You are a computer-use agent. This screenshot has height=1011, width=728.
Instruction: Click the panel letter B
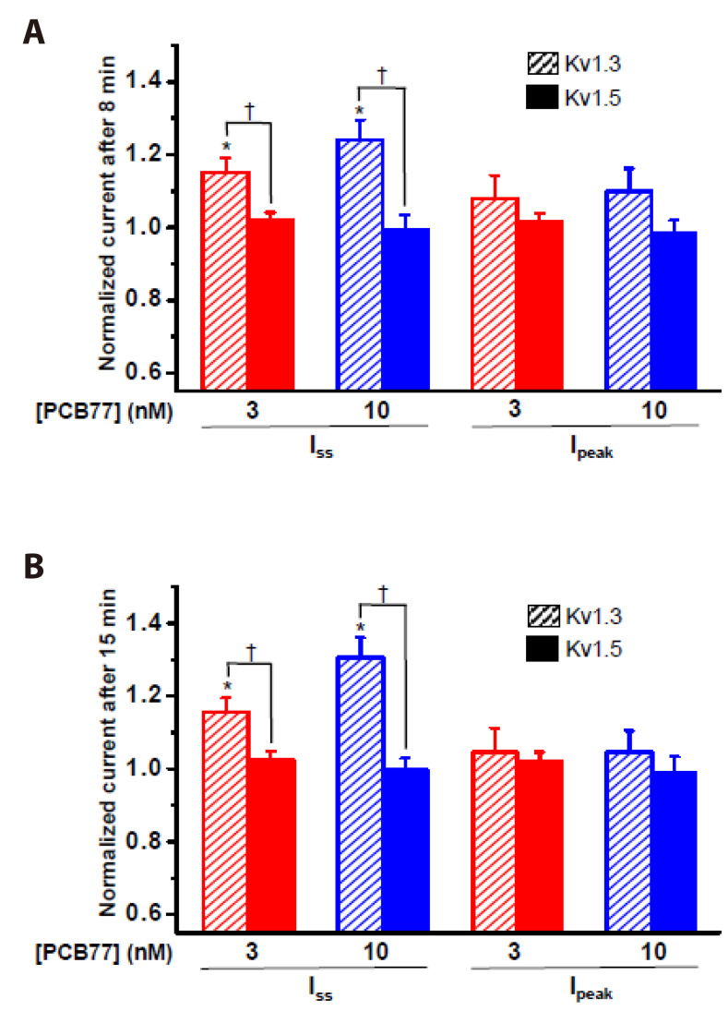click(x=33, y=567)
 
